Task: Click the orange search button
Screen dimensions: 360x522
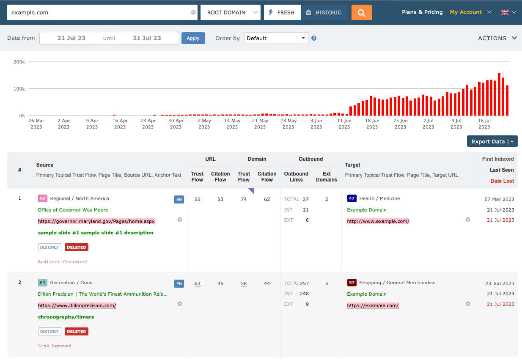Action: click(361, 13)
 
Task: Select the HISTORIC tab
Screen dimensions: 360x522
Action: click(324, 13)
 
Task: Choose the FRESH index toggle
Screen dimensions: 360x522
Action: click(282, 13)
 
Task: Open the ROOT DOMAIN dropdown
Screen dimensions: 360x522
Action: click(230, 13)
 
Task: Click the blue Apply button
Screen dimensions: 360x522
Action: click(193, 38)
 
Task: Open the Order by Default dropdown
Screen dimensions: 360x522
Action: click(276, 38)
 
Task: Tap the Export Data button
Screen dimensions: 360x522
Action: click(492, 141)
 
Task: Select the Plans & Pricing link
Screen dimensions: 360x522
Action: click(422, 12)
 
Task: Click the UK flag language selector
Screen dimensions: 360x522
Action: click(508, 12)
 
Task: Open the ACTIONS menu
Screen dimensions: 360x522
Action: click(497, 38)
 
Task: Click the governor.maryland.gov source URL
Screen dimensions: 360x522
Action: click(96, 221)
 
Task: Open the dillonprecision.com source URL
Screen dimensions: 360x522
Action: click(77, 305)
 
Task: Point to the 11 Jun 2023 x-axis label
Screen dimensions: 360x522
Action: click(344, 124)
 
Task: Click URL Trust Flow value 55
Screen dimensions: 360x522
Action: click(198, 199)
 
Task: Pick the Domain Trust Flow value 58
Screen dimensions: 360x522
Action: click(244, 283)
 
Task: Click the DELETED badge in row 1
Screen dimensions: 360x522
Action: click(76, 247)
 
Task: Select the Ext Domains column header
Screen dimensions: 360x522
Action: click(327, 177)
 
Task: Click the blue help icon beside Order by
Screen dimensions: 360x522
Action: click(314, 38)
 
